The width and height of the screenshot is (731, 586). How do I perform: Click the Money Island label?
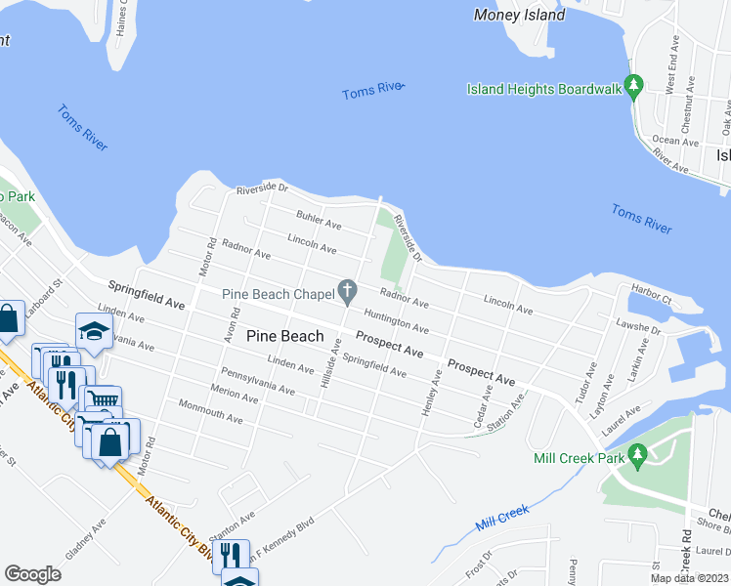(x=519, y=15)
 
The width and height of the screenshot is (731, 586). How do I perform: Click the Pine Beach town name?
(x=284, y=336)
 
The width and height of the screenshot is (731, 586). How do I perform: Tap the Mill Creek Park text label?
(x=579, y=457)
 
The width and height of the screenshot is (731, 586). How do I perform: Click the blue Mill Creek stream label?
(x=502, y=516)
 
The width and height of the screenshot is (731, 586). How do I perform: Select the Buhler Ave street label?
(x=319, y=219)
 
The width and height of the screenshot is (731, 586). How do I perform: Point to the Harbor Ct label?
(x=652, y=291)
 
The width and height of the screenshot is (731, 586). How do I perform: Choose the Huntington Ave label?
(x=396, y=322)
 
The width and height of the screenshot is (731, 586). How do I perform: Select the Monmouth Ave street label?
(x=210, y=410)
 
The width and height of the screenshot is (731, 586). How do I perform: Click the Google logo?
(x=32, y=574)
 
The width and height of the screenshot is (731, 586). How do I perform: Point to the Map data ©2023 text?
(x=690, y=578)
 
